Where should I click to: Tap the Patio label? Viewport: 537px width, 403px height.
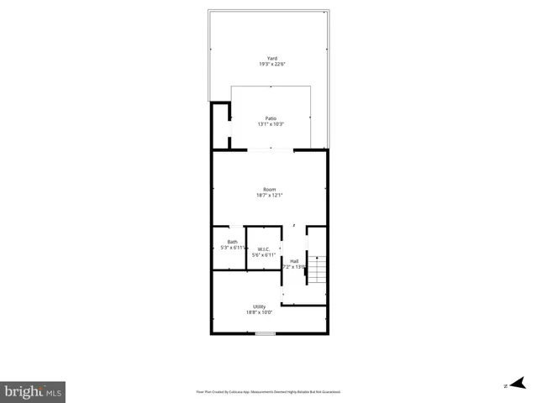tap(271, 118)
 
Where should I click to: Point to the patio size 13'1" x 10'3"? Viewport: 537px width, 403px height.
tap(271, 124)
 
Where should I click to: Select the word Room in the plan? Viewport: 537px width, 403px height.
tap(269, 190)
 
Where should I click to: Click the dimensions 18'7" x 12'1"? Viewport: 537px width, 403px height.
tap(269, 196)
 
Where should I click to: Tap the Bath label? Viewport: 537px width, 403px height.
tap(232, 242)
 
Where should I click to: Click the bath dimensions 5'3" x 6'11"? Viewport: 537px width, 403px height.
tap(232, 248)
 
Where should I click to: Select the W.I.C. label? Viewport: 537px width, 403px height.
tap(263, 249)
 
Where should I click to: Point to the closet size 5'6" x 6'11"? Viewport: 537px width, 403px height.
tap(263, 254)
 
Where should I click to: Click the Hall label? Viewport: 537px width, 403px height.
tap(294, 261)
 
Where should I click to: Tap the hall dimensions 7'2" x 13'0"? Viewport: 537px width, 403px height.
tap(294, 267)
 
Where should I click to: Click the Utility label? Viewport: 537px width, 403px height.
tap(259, 306)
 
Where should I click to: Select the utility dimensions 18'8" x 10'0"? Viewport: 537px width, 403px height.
tap(259, 312)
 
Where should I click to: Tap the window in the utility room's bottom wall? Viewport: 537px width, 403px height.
tap(266, 334)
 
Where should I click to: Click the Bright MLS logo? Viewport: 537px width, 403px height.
tap(33, 391)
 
